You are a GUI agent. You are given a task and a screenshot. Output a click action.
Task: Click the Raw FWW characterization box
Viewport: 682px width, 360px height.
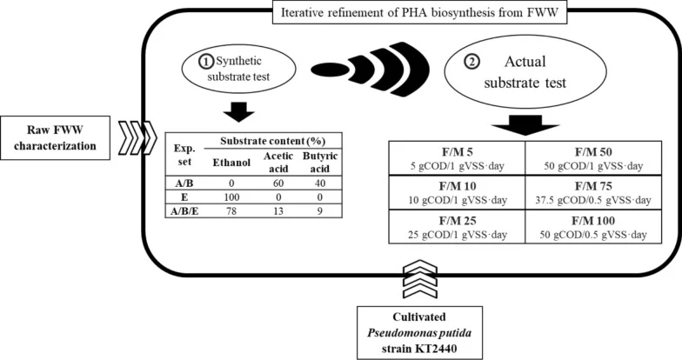55,137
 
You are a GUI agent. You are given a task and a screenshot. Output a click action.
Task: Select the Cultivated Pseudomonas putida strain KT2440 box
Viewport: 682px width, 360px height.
419,332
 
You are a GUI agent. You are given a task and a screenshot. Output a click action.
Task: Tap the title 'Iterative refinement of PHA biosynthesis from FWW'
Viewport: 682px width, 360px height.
419,12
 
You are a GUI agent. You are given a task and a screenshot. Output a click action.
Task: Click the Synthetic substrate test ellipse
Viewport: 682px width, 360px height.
238,69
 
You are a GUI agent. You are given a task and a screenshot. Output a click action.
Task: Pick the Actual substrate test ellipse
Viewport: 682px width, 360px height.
525,71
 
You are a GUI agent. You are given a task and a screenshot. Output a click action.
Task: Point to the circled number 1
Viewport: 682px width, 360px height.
206,61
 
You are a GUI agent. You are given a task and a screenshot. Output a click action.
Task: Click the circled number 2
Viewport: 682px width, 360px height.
471,63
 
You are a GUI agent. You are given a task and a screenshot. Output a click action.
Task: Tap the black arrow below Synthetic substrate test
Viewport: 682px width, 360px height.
238,111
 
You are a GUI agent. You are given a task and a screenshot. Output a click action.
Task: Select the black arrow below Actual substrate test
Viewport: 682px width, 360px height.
525,125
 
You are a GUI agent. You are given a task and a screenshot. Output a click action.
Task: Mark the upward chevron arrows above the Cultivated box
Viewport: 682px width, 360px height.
419,278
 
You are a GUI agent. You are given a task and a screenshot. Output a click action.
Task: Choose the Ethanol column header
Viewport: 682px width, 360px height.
231,162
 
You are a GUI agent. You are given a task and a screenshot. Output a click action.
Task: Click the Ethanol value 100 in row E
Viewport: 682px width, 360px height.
231,197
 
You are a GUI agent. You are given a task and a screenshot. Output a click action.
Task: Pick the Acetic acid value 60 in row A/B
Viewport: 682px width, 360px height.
278,183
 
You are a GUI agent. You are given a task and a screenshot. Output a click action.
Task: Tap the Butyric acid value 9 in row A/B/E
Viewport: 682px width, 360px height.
320,210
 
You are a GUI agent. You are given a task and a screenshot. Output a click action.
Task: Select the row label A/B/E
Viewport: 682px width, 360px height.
184,210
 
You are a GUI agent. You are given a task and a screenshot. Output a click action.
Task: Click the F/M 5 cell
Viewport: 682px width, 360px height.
457,158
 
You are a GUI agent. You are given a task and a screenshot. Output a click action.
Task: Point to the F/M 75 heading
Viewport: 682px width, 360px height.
593,186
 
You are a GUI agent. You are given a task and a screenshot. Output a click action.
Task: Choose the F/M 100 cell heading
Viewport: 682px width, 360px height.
593,221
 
